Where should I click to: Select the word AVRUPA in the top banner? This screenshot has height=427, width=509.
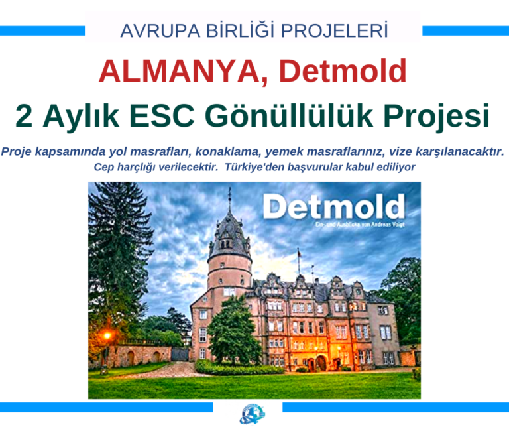151,30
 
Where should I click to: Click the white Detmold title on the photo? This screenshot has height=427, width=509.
333,207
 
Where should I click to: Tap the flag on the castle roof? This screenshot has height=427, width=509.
300,253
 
